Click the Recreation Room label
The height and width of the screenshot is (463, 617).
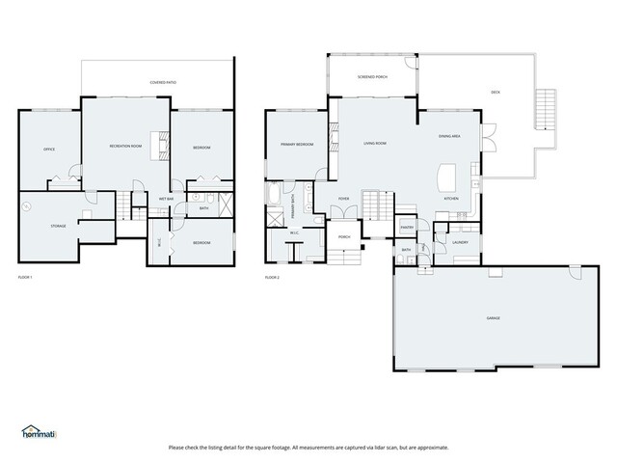[x=125, y=146]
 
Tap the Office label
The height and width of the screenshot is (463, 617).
[x=48, y=150]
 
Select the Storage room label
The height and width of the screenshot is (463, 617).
[x=58, y=226]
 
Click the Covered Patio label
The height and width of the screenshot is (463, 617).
[x=162, y=83]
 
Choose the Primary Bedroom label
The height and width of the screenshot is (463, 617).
[x=297, y=144]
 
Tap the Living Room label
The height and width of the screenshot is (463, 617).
[x=375, y=143]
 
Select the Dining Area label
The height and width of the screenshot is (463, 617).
[x=449, y=137]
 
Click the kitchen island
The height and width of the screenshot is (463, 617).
[x=445, y=177]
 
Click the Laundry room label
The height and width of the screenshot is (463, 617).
[x=460, y=242]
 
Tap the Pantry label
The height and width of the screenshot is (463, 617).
[x=407, y=228]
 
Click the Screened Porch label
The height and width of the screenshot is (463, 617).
[x=372, y=74]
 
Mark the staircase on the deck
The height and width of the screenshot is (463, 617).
[x=548, y=105]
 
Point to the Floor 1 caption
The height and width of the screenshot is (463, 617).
[x=26, y=278]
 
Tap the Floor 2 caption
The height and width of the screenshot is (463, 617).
[x=271, y=278]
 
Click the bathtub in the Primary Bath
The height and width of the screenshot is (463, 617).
[x=273, y=203]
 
